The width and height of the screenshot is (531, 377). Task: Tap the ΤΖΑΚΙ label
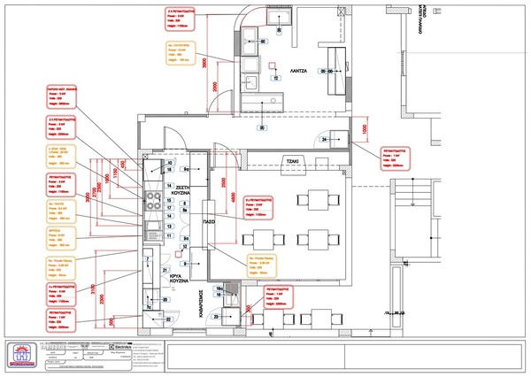pos(291,160)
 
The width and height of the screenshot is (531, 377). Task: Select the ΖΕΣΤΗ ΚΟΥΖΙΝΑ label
pos(183,193)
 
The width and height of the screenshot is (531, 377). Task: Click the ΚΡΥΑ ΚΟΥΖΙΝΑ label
pos(182,281)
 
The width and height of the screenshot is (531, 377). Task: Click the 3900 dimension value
pos(204,64)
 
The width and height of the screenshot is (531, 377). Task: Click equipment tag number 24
pos(325,141)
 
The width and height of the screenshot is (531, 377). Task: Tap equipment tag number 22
pos(168,319)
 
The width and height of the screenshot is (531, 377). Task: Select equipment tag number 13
pos(168,225)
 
